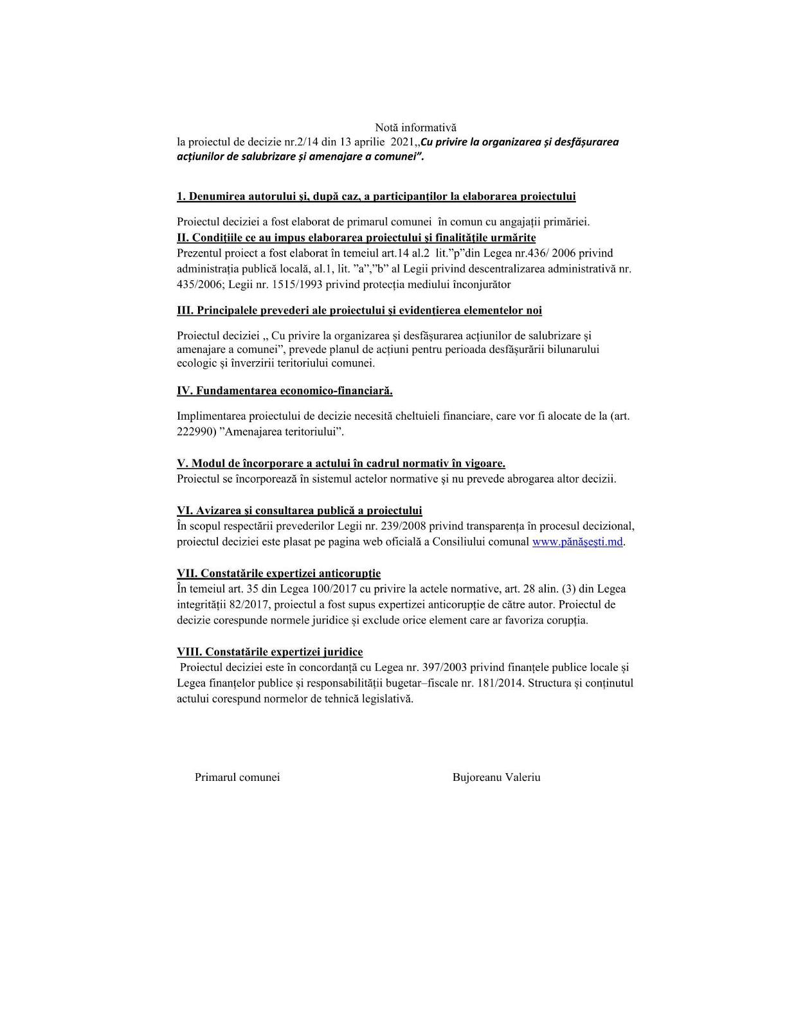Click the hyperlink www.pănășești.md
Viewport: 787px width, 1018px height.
577,542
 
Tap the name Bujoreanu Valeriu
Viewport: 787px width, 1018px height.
496,777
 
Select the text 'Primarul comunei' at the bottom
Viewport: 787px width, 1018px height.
237,777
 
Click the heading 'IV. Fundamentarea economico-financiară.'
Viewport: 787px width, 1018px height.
285,391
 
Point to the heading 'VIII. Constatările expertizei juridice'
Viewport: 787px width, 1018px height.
269,652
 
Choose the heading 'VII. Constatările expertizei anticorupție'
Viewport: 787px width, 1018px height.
278,573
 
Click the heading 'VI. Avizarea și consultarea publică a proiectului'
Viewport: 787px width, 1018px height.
299,511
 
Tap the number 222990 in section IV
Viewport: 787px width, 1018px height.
193,432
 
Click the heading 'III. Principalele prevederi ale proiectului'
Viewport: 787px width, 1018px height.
359,310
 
